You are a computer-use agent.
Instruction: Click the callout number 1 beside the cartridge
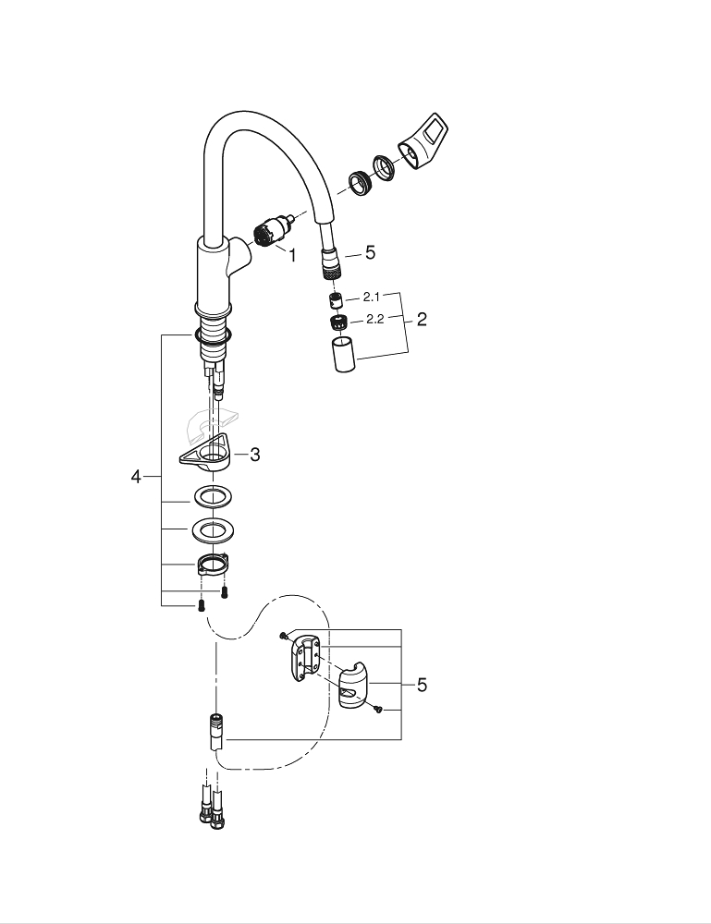click(292, 255)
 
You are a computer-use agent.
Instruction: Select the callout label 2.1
click(372, 298)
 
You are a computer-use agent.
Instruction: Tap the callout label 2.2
click(374, 320)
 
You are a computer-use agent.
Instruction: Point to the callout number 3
click(254, 454)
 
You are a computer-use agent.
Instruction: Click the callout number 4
click(135, 477)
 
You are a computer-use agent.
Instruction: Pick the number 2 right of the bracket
click(422, 320)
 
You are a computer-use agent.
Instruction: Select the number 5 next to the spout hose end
click(370, 252)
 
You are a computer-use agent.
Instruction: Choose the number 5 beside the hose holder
click(422, 685)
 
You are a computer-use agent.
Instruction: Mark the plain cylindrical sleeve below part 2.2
click(342, 354)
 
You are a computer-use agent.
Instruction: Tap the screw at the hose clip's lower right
click(378, 710)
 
